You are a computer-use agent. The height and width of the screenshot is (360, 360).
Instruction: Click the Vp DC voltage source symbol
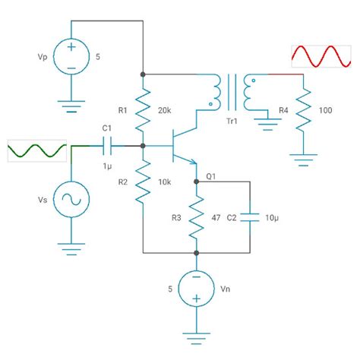pos(71,56)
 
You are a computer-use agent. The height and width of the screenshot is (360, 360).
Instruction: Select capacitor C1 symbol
pos(107,144)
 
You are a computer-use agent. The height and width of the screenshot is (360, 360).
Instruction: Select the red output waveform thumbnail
pos(321,58)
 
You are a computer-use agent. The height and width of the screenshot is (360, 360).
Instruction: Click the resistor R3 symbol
pos(196,216)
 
